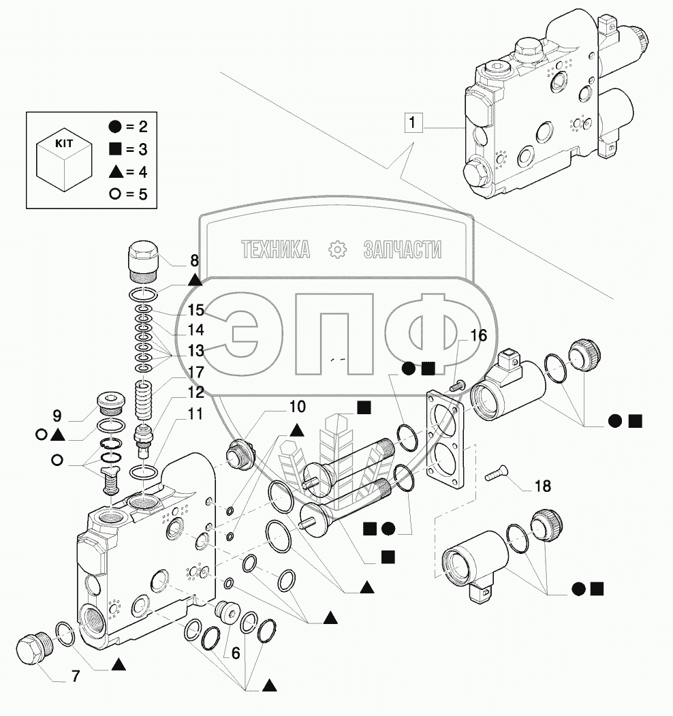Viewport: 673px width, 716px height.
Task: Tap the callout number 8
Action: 195,260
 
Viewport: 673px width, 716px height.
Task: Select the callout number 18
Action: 542,486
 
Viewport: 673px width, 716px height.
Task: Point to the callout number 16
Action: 478,335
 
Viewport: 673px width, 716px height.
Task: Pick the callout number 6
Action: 235,653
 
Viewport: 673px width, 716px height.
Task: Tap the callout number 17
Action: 196,373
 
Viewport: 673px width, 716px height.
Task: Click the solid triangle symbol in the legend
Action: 114,172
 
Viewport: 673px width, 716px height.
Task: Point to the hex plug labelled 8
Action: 143,261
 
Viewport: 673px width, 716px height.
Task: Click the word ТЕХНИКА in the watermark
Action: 275,250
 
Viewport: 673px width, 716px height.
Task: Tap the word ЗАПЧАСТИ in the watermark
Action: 402,250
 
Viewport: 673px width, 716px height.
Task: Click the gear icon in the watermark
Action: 337,250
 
